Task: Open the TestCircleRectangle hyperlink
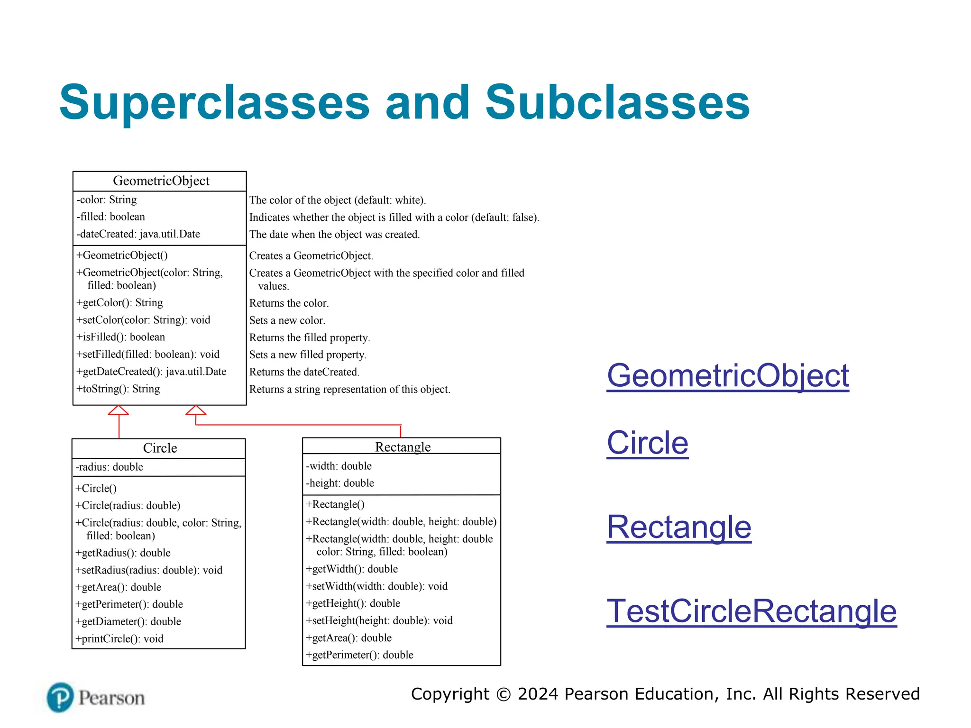pos(751,611)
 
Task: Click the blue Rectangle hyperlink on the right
pos(679,527)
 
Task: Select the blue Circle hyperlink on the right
pos(647,443)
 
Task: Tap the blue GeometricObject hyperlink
pos(728,375)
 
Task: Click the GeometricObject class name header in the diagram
pos(161,181)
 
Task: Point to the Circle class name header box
pos(160,448)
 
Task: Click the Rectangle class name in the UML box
pos(403,447)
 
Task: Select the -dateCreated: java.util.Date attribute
pos(138,234)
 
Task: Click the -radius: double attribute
pos(110,467)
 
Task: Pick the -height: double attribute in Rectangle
pos(340,483)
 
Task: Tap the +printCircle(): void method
pos(119,639)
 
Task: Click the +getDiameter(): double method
pos(128,621)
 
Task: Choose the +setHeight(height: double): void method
pos(379,620)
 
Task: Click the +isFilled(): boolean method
pos(121,337)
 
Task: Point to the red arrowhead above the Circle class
pos(119,410)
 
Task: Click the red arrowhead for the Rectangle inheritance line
pos(195,410)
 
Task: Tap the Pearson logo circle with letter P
pos(60,697)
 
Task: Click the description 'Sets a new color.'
pos(287,320)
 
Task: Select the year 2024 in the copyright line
pos(538,694)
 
